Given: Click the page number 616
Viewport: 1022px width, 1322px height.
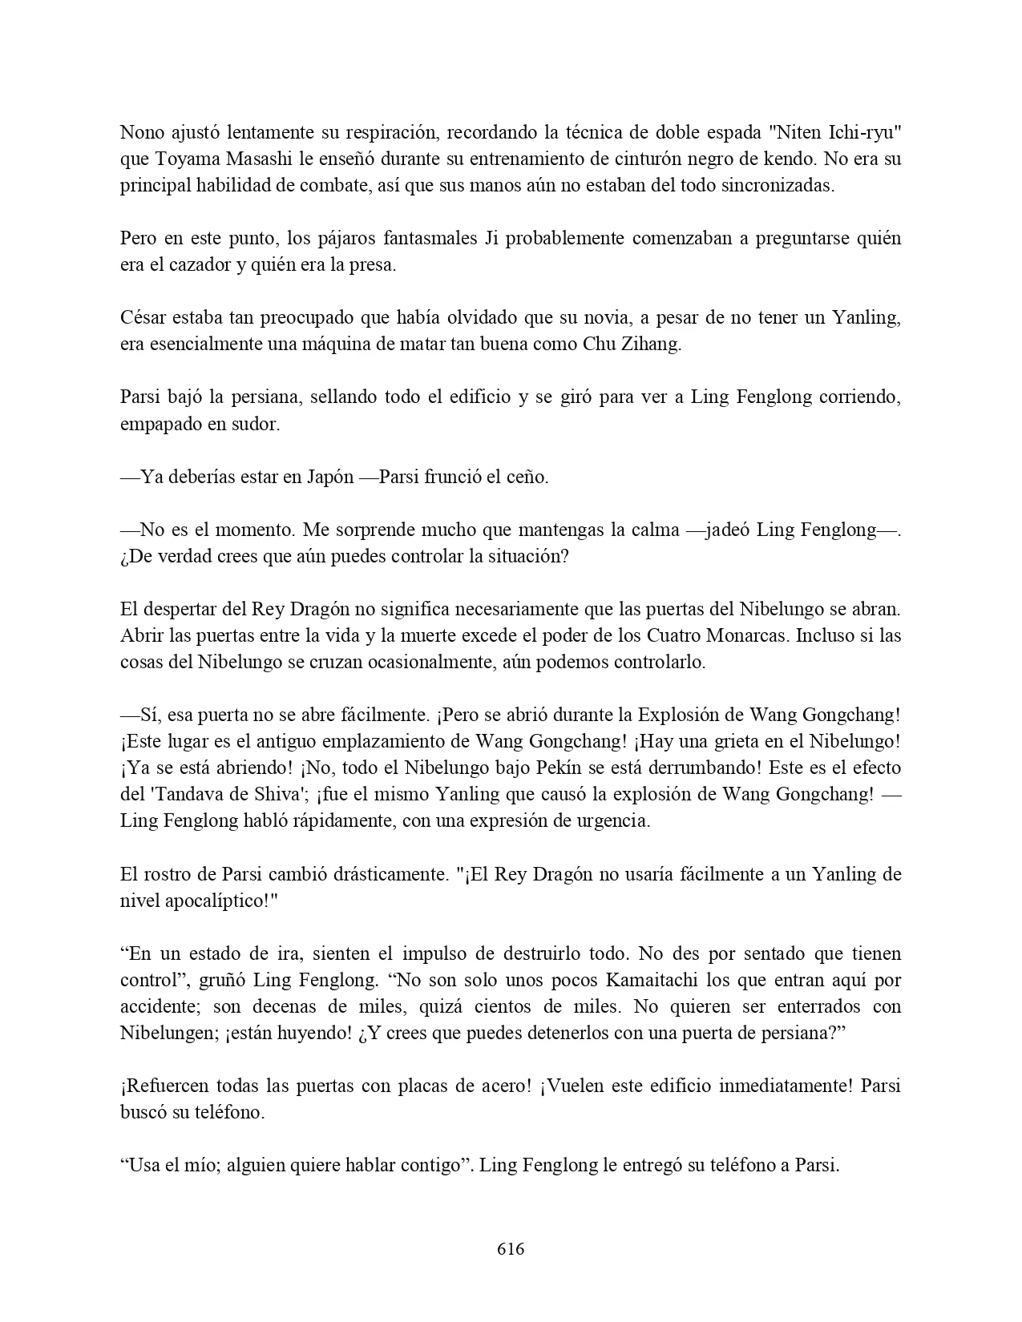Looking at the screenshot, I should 511,1249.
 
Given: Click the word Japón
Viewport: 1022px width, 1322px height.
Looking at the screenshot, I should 329,477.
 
